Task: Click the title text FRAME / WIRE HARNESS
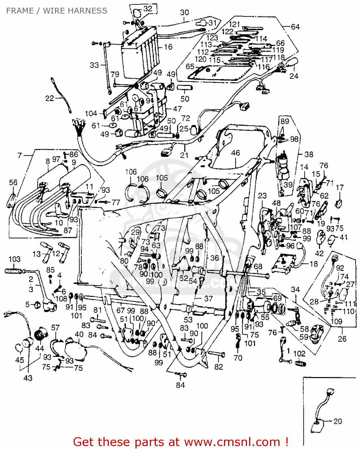[x=57, y=11]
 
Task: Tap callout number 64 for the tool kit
[x=295, y=27]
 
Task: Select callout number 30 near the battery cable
[x=184, y=13]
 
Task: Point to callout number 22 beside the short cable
[x=49, y=98]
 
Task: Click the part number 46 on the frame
[x=235, y=153]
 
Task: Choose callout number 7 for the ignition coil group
[x=20, y=155]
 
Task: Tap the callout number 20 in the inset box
[x=338, y=421]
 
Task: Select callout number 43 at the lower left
[x=28, y=378]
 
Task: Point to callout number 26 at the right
[x=342, y=339]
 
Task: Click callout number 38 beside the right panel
[x=309, y=154]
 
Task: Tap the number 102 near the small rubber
[x=299, y=354]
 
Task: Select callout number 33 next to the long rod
[x=94, y=65]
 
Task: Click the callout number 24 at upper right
[x=294, y=76]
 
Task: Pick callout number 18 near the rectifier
[x=313, y=264]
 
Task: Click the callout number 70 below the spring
[x=238, y=358]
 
